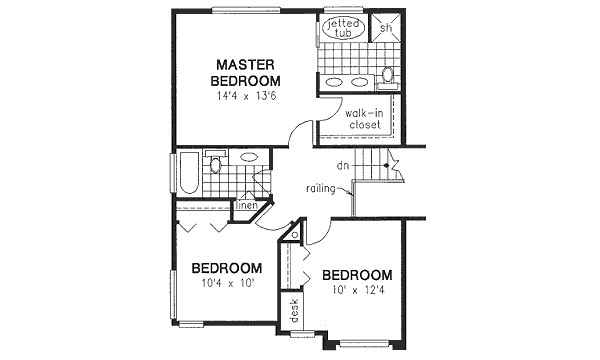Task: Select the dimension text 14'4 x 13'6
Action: click(246, 98)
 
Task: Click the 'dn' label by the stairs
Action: click(342, 164)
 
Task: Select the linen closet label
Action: click(248, 206)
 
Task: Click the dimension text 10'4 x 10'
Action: click(227, 284)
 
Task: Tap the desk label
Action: click(295, 311)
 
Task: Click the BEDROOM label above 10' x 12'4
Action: click(356, 275)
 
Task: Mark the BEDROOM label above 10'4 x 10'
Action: click(227, 268)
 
